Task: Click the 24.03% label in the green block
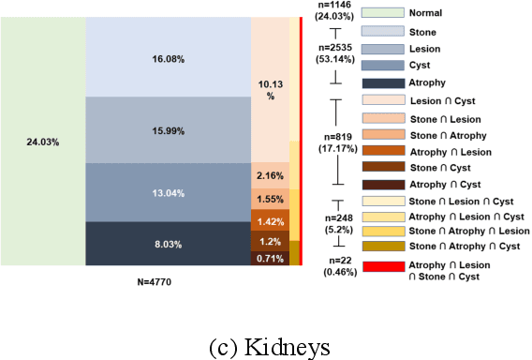point(43,142)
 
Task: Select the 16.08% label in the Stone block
point(168,56)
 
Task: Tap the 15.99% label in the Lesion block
point(168,129)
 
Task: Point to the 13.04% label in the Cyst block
point(168,192)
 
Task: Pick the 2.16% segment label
point(270,176)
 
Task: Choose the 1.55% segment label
point(270,200)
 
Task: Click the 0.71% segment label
point(270,257)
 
